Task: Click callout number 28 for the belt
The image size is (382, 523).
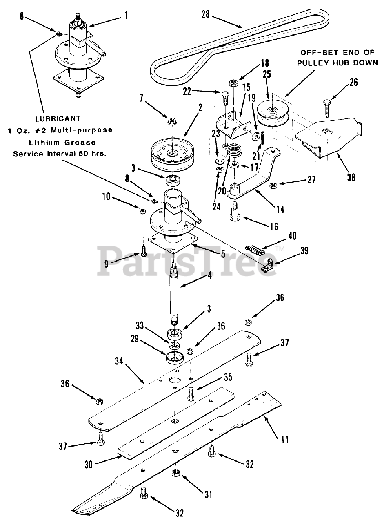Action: (205, 15)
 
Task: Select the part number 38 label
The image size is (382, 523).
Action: (351, 177)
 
